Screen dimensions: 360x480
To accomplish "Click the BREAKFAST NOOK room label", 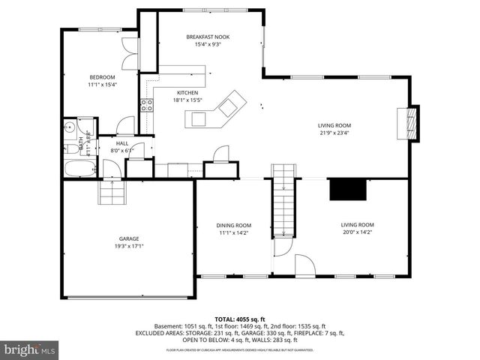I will click(202, 36).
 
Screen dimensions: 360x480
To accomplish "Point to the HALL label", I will click(121, 142).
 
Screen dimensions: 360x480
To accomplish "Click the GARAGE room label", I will click(128, 238).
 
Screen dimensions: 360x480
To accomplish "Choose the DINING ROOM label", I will click(234, 225).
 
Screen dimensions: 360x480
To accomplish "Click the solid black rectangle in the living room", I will click(348, 189).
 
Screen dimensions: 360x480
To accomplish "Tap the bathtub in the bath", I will click(78, 168).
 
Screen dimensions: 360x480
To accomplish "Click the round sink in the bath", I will click(69, 127).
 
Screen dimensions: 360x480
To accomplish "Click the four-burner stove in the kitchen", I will click(148, 105).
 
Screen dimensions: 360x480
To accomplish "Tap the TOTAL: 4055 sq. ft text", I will click(240, 319).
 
